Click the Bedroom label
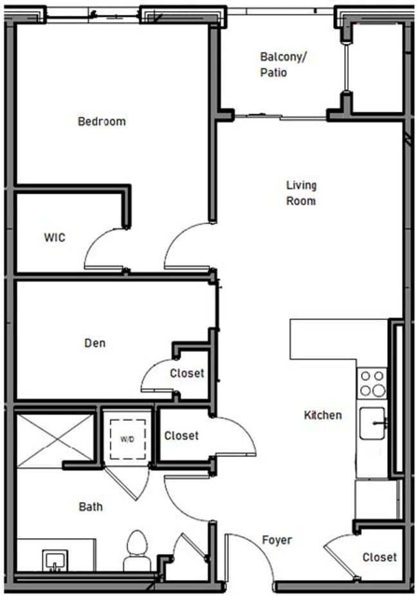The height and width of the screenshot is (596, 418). click(x=102, y=121)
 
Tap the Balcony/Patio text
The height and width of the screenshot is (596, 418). click(x=283, y=64)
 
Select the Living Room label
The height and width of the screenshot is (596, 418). click(x=301, y=193)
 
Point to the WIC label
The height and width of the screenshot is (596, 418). click(x=55, y=237)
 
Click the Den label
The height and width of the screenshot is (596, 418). click(x=95, y=343)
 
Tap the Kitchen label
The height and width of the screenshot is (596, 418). click(x=323, y=415)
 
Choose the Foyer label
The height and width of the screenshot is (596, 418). click(x=277, y=540)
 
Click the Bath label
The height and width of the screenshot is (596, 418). click(x=91, y=507)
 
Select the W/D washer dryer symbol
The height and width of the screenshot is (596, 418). click(x=127, y=439)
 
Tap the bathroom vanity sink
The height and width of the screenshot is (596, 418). click(x=55, y=559)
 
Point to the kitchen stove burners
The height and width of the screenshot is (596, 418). click(x=372, y=383)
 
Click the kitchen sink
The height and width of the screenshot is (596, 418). click(x=372, y=424)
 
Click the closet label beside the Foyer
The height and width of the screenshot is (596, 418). click(x=379, y=557)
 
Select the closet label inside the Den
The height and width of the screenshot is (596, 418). click(x=187, y=373)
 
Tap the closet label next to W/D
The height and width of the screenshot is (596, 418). click(x=181, y=436)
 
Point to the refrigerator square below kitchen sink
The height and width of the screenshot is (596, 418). click(x=376, y=499)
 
